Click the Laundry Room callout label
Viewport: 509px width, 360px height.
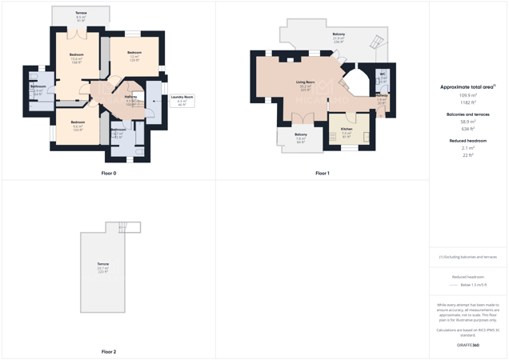pos(182,98)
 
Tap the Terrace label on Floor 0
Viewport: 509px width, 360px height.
pos(81,14)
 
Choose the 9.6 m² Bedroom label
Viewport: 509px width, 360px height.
pos(78,122)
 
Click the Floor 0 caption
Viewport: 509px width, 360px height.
pos(109,173)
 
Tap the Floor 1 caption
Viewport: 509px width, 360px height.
pos(322,173)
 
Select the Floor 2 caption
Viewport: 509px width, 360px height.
pos(109,351)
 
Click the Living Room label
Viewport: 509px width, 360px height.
pos(305,82)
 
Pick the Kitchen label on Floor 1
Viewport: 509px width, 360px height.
pos(347,129)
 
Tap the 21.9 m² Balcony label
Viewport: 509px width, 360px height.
pos(339,34)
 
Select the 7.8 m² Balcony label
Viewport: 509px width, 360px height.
pos(301,134)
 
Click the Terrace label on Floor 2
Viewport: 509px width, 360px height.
pos(103,264)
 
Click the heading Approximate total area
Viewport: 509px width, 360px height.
pos(467,86)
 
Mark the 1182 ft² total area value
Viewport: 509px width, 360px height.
pos(467,102)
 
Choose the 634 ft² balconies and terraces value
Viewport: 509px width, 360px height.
pos(467,129)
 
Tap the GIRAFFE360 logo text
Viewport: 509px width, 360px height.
pos(467,345)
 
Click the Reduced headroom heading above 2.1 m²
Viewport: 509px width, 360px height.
pos(467,141)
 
